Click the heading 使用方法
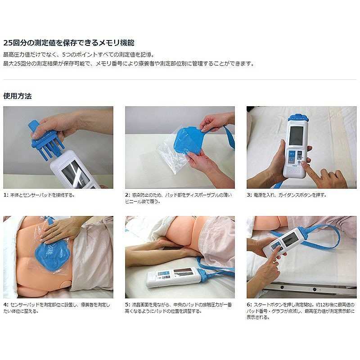point(18,96)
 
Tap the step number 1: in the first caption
point(6,195)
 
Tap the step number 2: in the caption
point(128,195)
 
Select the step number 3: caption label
point(249,195)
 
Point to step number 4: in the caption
point(6,305)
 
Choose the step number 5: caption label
point(128,305)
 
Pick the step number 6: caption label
point(249,305)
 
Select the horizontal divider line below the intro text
point(180,80)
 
